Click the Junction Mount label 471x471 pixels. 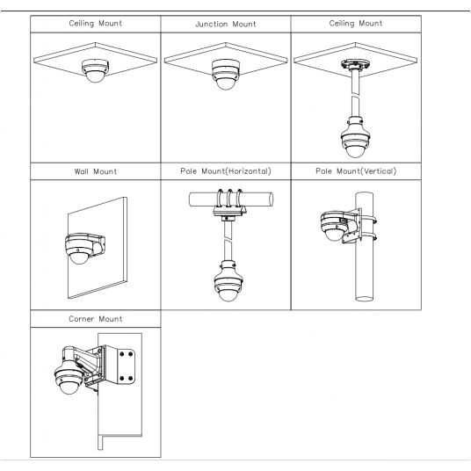click(226, 24)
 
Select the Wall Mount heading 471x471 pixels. click(96, 171)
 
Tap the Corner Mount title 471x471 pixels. click(96, 319)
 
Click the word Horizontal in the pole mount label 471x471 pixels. click(248, 171)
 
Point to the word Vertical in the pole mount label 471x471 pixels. click(378, 171)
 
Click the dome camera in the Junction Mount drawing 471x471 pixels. click(226, 74)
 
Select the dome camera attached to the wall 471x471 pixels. click(79, 248)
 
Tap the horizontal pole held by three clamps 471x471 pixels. click(231, 199)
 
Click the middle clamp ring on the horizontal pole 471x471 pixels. click(230, 198)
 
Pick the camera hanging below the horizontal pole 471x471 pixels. click(228, 281)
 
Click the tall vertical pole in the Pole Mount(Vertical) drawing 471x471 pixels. click(364, 246)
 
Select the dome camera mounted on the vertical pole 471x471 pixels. click(334, 226)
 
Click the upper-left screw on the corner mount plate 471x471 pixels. click(122, 354)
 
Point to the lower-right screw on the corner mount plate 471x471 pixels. click(131, 378)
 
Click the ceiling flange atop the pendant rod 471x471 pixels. click(355, 64)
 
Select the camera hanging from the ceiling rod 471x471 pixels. click(355, 137)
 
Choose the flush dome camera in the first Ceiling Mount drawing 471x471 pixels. click(95, 70)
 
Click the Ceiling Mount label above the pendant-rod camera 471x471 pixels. click(356, 24)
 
